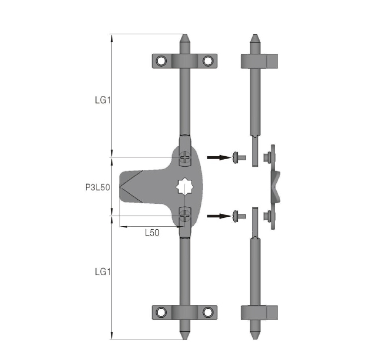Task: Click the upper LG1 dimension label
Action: [x=103, y=100]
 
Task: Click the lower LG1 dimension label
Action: [x=103, y=271]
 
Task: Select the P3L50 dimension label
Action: [x=98, y=187]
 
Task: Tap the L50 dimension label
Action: [x=152, y=233]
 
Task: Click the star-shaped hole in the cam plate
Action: [x=185, y=187]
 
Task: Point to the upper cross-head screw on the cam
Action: [x=185, y=157]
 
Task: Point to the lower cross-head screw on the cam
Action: [x=185, y=216]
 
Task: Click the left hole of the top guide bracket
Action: [x=161, y=61]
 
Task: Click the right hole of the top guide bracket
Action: [x=208, y=61]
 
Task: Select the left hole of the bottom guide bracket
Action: [x=161, y=312]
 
